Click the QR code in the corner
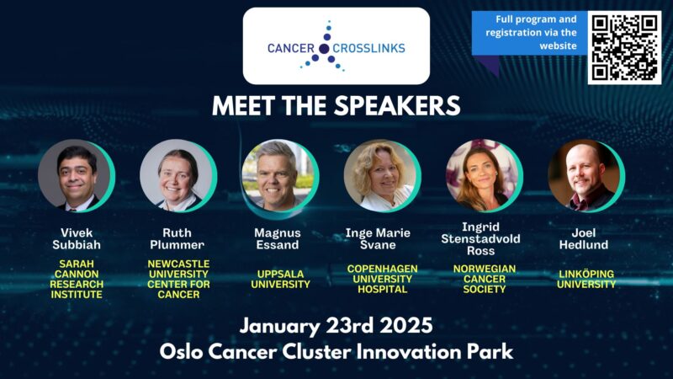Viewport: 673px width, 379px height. click(624, 46)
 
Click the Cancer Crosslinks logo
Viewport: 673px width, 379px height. click(336, 46)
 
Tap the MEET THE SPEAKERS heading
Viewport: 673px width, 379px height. click(336, 106)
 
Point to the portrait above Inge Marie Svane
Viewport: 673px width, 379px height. click(380, 175)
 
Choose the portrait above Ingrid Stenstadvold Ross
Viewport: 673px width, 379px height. click(482, 175)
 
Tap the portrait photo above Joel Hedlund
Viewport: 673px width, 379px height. click(584, 175)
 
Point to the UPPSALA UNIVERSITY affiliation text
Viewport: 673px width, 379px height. click(279, 279)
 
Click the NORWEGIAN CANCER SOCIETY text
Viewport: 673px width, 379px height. click(484, 279)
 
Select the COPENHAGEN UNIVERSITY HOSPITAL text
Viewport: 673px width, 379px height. click(382, 279)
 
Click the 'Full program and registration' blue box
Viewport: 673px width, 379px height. click(527, 33)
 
